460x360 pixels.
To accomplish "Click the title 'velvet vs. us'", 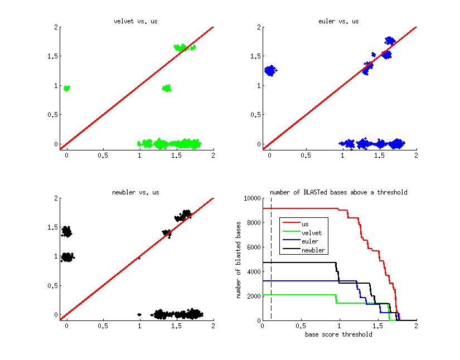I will pos(136,22).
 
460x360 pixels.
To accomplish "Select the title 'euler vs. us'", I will pos(339,22).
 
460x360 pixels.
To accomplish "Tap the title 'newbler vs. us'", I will pos(136,192).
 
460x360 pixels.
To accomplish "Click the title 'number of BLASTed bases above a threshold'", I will pos(339,192).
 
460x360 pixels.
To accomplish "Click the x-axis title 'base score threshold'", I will pos(339,335).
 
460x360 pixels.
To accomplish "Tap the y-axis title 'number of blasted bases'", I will pos(239,259).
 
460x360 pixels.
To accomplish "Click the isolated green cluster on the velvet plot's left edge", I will pos(67,88).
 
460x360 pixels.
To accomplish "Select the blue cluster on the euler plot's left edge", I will pos(270,71).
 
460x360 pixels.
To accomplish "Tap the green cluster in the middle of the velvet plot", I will pos(166,88).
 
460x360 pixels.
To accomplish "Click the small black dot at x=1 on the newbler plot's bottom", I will pos(139,314).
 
